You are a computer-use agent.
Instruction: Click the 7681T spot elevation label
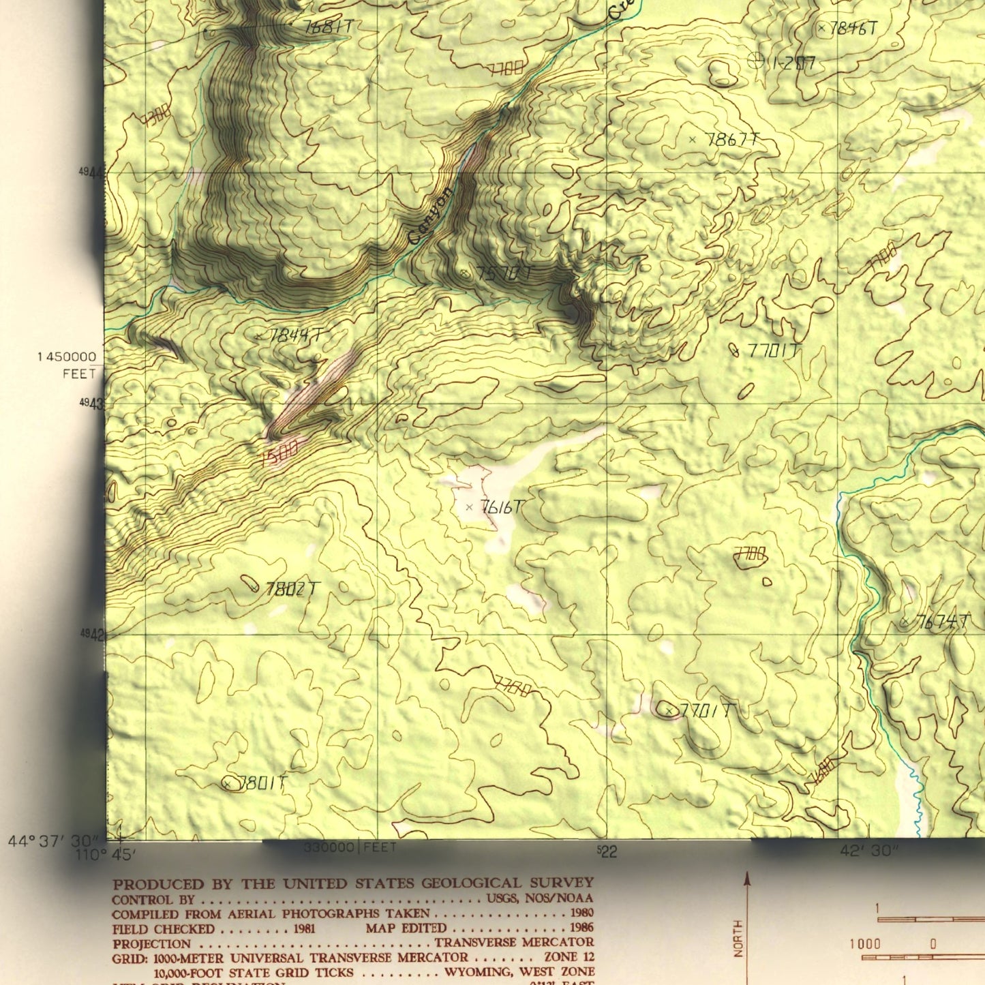(328, 27)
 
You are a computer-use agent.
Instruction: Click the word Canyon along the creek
(431, 216)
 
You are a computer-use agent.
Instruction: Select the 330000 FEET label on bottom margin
(350, 847)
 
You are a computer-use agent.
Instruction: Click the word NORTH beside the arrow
(738, 939)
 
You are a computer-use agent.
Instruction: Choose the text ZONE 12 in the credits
(569, 957)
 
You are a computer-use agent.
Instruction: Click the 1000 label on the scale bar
(864, 944)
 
